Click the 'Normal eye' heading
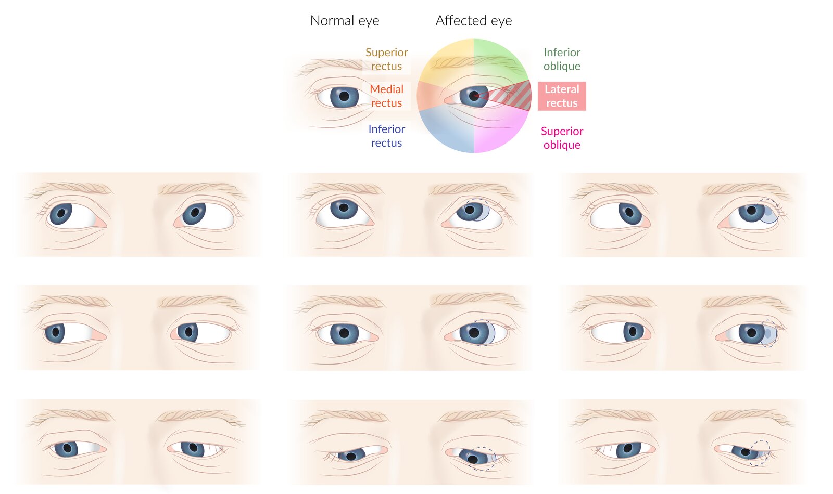point(345,21)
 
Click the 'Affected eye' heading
point(474,21)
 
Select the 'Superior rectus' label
point(386,59)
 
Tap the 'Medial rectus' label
point(386,96)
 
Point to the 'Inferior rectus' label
point(386,136)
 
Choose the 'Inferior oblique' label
point(562,59)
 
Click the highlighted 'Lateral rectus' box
point(562,96)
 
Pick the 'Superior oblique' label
point(562,138)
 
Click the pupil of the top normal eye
point(344,96)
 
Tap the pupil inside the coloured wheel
point(473,96)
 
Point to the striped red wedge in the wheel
point(508,96)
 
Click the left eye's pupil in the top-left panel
point(61,213)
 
